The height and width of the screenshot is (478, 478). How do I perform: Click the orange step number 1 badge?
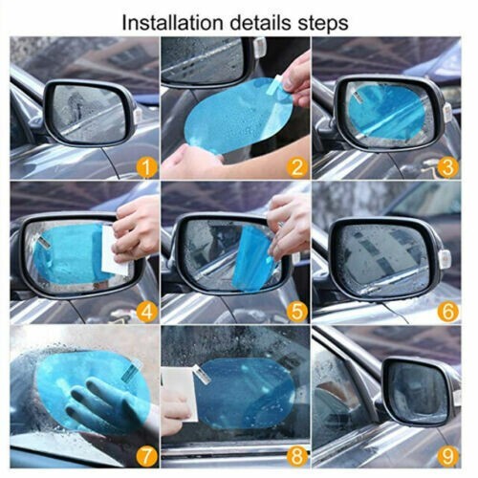point(145,168)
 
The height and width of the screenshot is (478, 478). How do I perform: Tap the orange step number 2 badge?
point(296,168)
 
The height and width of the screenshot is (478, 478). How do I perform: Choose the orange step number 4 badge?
point(145,312)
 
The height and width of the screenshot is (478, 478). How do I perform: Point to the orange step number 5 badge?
point(296,312)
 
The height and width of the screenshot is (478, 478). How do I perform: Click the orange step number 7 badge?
point(145,455)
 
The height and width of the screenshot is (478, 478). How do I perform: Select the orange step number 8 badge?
point(296,455)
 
